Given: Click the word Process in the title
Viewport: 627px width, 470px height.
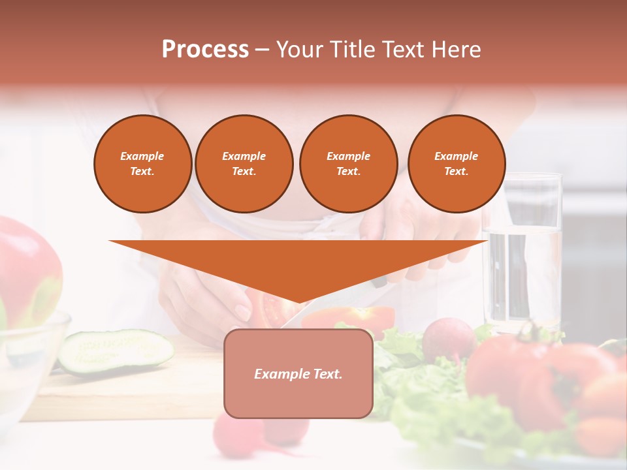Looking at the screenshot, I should (205, 50).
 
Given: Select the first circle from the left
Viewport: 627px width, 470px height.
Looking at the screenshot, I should (142, 164).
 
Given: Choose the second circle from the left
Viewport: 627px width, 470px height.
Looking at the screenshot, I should (244, 164).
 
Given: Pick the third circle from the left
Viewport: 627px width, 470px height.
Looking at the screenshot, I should (348, 164).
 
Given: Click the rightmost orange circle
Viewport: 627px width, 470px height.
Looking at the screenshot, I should (456, 164).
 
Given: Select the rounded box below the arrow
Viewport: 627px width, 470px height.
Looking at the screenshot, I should (298, 373).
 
